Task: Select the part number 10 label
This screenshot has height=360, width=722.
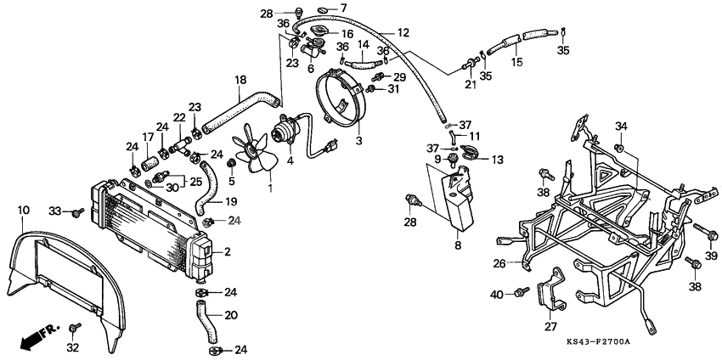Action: coord(23,209)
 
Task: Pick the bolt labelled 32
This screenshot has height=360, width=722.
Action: coord(74,326)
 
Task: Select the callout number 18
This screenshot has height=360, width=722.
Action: coord(240,80)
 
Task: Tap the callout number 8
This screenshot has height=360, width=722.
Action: coord(459,246)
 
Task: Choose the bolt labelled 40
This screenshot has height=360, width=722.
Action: coord(517,293)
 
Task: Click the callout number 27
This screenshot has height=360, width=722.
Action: coord(550,326)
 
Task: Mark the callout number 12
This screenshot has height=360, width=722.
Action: coord(403,32)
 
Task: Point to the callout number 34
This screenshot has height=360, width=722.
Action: coord(622,127)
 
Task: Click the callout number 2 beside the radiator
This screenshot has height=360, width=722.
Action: coord(227,252)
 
